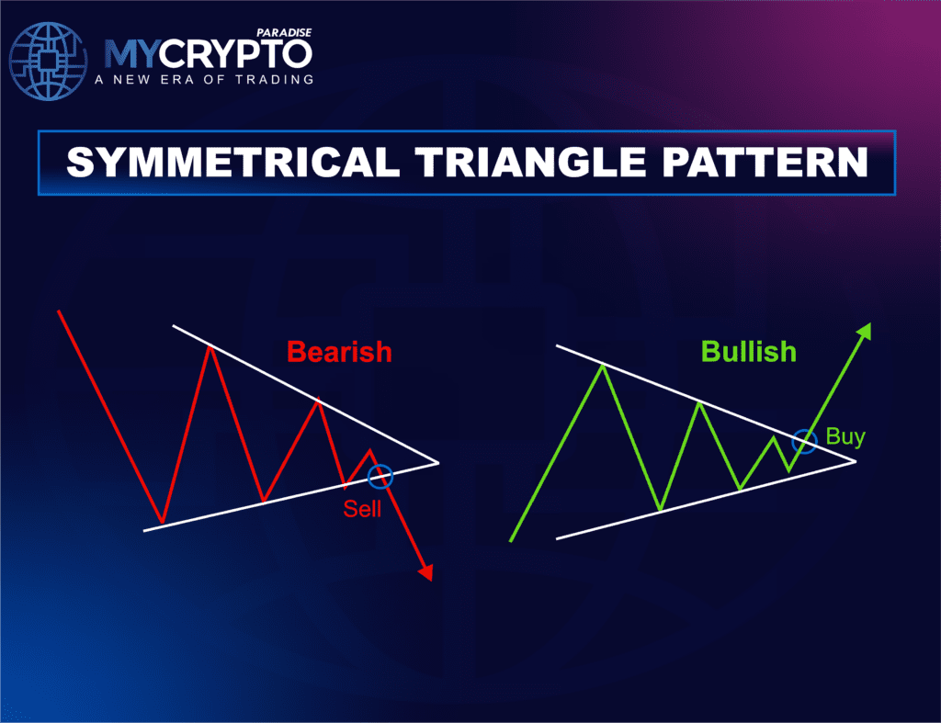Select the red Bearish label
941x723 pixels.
339,352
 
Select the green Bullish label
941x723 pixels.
748,352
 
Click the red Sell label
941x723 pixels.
362,508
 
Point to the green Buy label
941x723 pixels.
845,436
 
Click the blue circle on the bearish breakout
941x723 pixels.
380,476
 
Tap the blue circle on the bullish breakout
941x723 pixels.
804,441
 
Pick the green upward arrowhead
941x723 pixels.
865,332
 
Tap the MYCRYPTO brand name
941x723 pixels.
208,53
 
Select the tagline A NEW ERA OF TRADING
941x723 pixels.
204,80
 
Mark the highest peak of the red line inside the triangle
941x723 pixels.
211,346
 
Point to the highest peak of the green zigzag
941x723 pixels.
602,366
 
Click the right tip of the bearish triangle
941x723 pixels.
437,462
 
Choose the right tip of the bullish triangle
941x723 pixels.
855,460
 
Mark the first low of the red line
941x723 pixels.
162,523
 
